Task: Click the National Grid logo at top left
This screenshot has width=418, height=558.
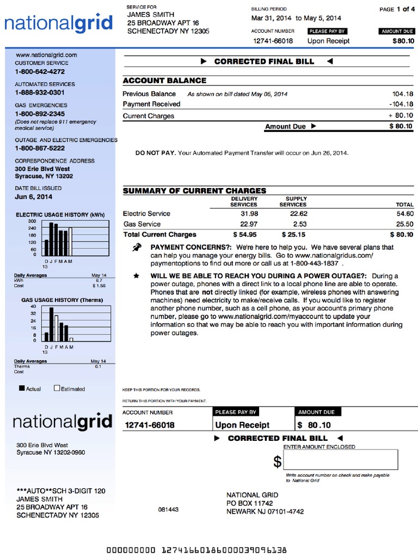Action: click(x=59, y=23)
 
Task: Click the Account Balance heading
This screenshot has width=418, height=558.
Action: click(x=164, y=81)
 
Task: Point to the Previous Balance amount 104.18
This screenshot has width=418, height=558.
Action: click(x=402, y=94)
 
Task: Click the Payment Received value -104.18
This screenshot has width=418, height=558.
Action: click(x=401, y=104)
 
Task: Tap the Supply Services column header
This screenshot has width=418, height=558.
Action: click(x=293, y=202)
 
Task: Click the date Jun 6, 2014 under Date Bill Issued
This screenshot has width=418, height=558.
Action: click(x=34, y=197)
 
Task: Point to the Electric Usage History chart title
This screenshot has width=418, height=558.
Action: click(x=60, y=215)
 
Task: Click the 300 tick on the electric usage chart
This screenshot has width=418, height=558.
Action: click(x=32, y=221)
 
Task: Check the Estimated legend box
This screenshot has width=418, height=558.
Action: click(x=57, y=389)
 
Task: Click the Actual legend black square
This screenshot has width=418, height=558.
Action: click(x=22, y=389)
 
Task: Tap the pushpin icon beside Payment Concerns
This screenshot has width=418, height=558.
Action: click(x=137, y=248)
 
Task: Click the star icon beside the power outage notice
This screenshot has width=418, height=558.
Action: click(x=136, y=276)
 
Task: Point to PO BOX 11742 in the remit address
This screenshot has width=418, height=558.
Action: click(x=249, y=503)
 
